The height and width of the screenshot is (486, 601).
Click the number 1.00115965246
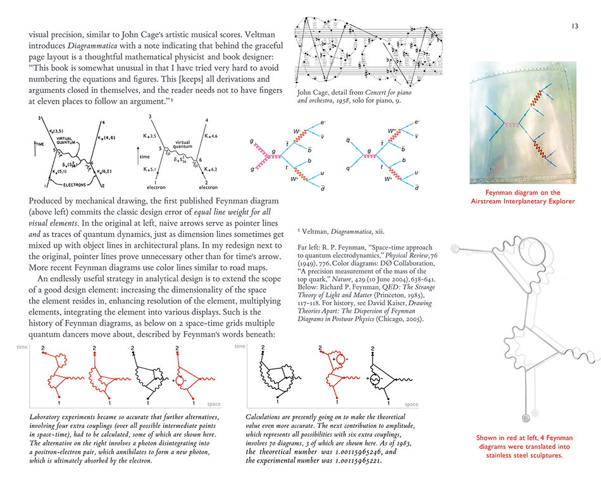pos(351,453)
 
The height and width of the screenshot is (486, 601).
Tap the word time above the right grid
pos(239,346)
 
